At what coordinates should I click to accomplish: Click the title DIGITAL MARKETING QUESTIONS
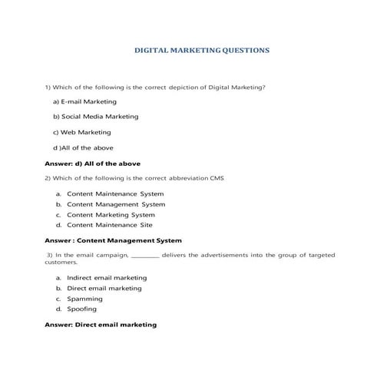[202, 51]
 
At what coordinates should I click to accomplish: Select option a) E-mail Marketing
[84, 101]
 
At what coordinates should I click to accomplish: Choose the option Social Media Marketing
[95, 117]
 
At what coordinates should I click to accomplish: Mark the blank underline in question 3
[146, 255]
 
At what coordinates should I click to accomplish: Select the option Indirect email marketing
[107, 277]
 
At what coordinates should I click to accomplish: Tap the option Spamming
[84, 298]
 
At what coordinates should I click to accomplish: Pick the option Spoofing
[81, 309]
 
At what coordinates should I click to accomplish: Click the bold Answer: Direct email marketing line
[101, 325]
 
